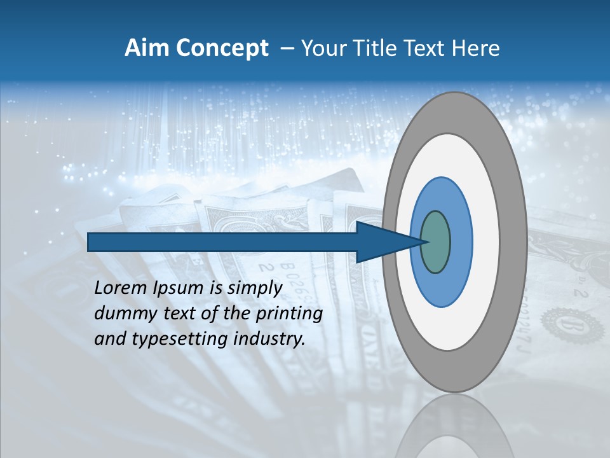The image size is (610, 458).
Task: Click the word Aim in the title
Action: pyautogui.click(x=147, y=48)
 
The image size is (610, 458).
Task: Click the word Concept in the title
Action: pyautogui.click(x=223, y=48)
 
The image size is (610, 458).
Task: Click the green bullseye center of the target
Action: pyautogui.click(x=435, y=242)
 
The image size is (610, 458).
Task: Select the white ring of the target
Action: pyautogui.click(x=486, y=242)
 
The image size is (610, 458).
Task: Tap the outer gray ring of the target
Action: pyautogui.click(x=514, y=242)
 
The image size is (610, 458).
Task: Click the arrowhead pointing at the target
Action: pyautogui.click(x=388, y=242)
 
